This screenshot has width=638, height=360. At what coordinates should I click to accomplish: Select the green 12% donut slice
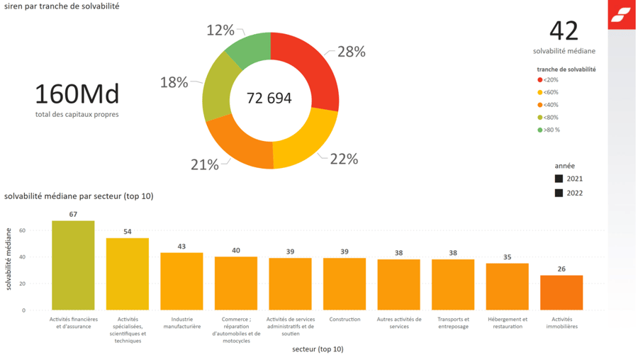pos(245,51)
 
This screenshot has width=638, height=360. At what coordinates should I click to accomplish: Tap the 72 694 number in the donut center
pos(269,99)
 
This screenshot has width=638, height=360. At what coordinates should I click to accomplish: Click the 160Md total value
pos(77,94)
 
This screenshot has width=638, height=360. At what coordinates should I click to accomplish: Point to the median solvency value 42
pos(564,31)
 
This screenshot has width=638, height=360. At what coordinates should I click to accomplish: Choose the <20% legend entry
pos(547,81)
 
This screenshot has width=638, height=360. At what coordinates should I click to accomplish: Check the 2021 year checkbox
pos(559,179)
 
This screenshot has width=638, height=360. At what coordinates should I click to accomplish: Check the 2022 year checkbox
pos(559,193)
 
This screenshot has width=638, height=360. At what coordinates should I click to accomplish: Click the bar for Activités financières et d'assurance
pos(73,266)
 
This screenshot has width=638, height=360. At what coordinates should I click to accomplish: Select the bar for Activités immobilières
pos(561,293)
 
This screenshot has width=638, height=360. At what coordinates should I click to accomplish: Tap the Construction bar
pos(345,284)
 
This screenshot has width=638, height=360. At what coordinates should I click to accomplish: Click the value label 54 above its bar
pos(128,232)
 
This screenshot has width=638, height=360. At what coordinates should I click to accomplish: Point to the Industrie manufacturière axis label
pos(182,323)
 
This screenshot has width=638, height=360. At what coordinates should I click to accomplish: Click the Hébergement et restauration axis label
pos(508,323)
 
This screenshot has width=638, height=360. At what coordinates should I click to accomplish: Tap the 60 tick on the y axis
pos(23,230)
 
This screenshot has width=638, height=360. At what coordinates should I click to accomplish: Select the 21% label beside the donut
pos(205,164)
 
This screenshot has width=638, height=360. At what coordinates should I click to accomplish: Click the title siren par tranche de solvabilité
pos(62,6)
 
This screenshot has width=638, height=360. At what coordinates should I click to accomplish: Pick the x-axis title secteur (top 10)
pos(318,349)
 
